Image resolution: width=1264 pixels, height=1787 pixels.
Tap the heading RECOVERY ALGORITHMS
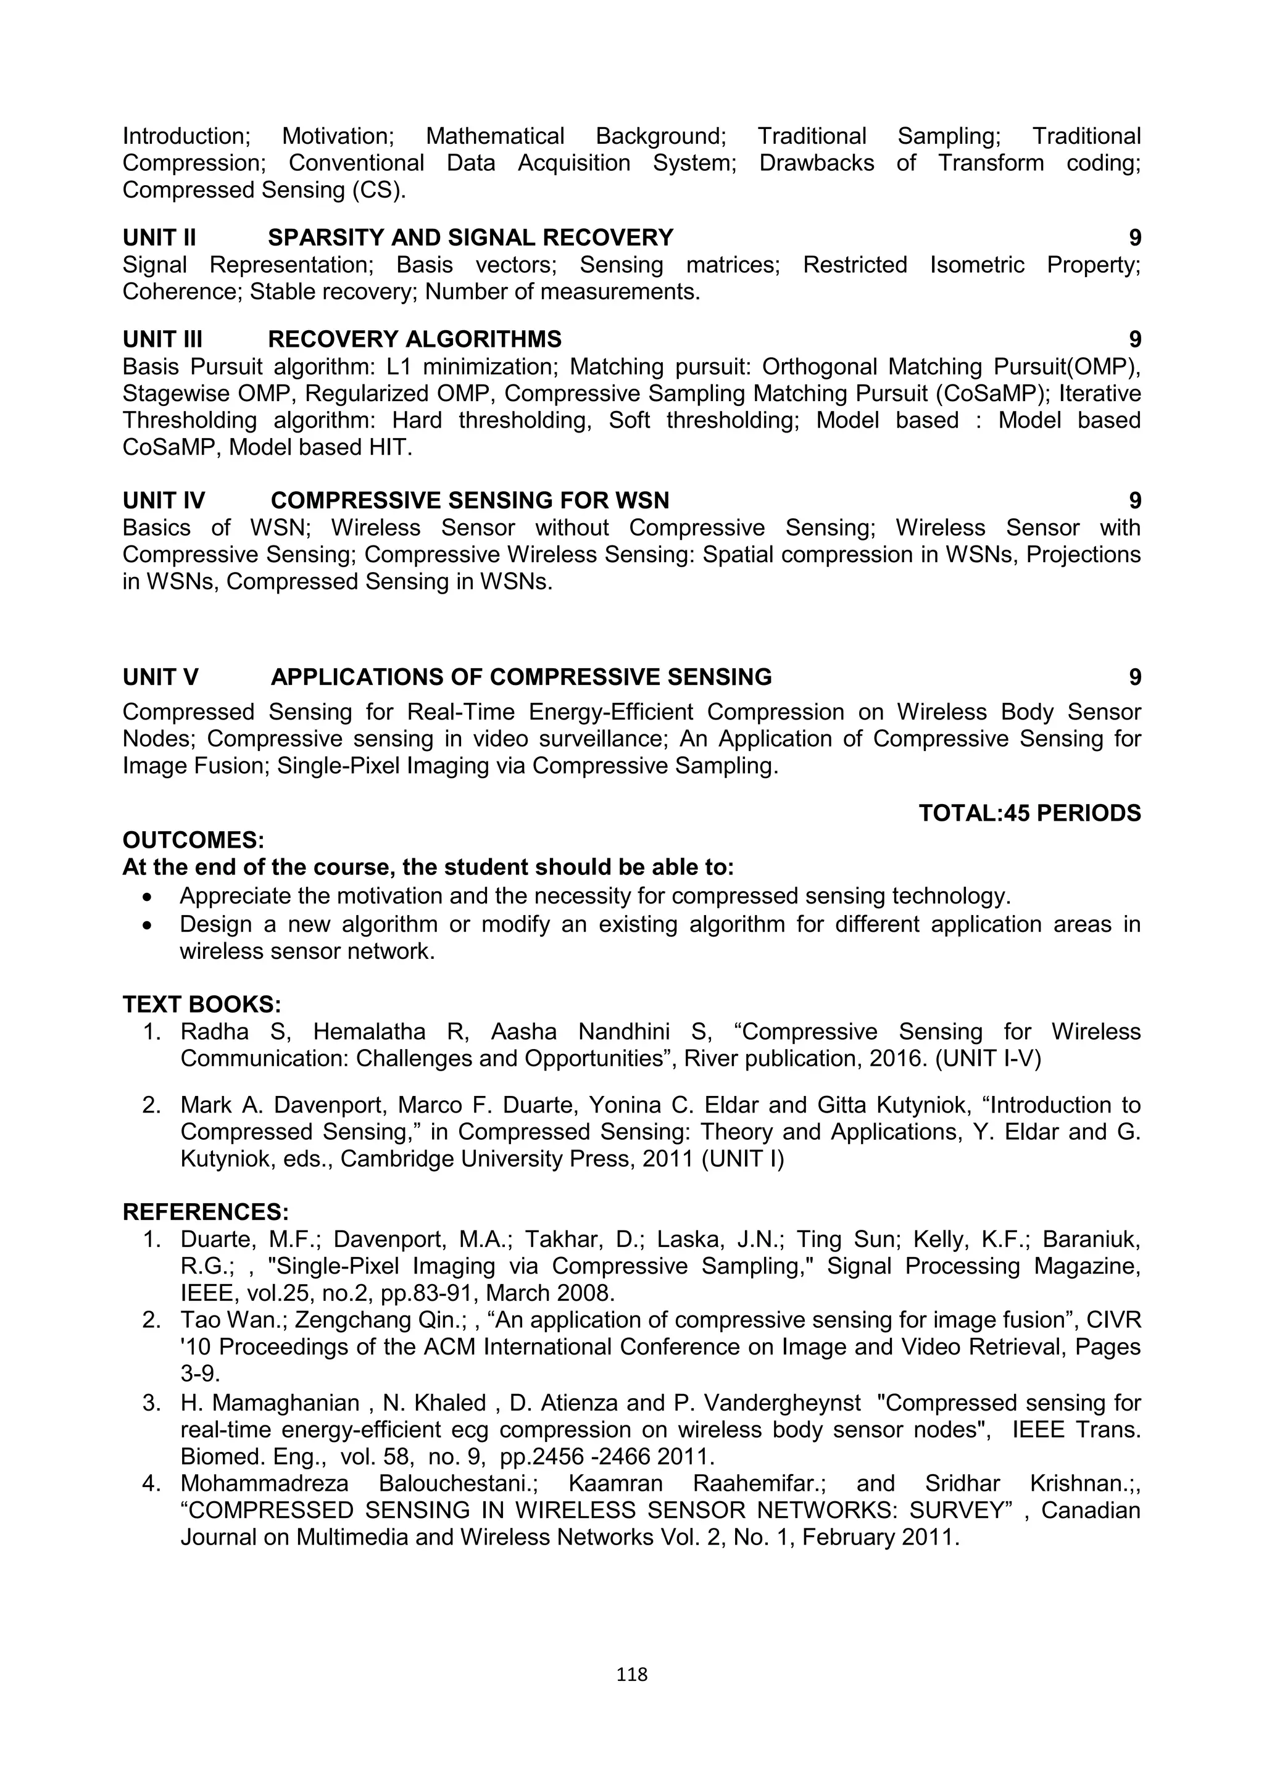click(x=414, y=339)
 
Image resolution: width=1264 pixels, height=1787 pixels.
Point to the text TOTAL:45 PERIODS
click(x=1029, y=813)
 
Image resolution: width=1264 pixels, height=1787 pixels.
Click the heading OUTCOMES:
click(x=194, y=840)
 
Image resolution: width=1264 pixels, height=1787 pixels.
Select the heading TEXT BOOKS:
click(x=202, y=1004)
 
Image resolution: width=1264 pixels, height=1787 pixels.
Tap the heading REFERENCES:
click(x=206, y=1212)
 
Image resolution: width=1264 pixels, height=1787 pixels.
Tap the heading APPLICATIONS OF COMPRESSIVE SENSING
click(x=521, y=677)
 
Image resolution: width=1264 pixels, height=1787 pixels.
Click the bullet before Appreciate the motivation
click(x=148, y=897)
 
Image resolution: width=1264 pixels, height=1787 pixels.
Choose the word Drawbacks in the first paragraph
click(x=817, y=164)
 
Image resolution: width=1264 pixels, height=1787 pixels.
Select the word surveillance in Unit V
click(x=584, y=739)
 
